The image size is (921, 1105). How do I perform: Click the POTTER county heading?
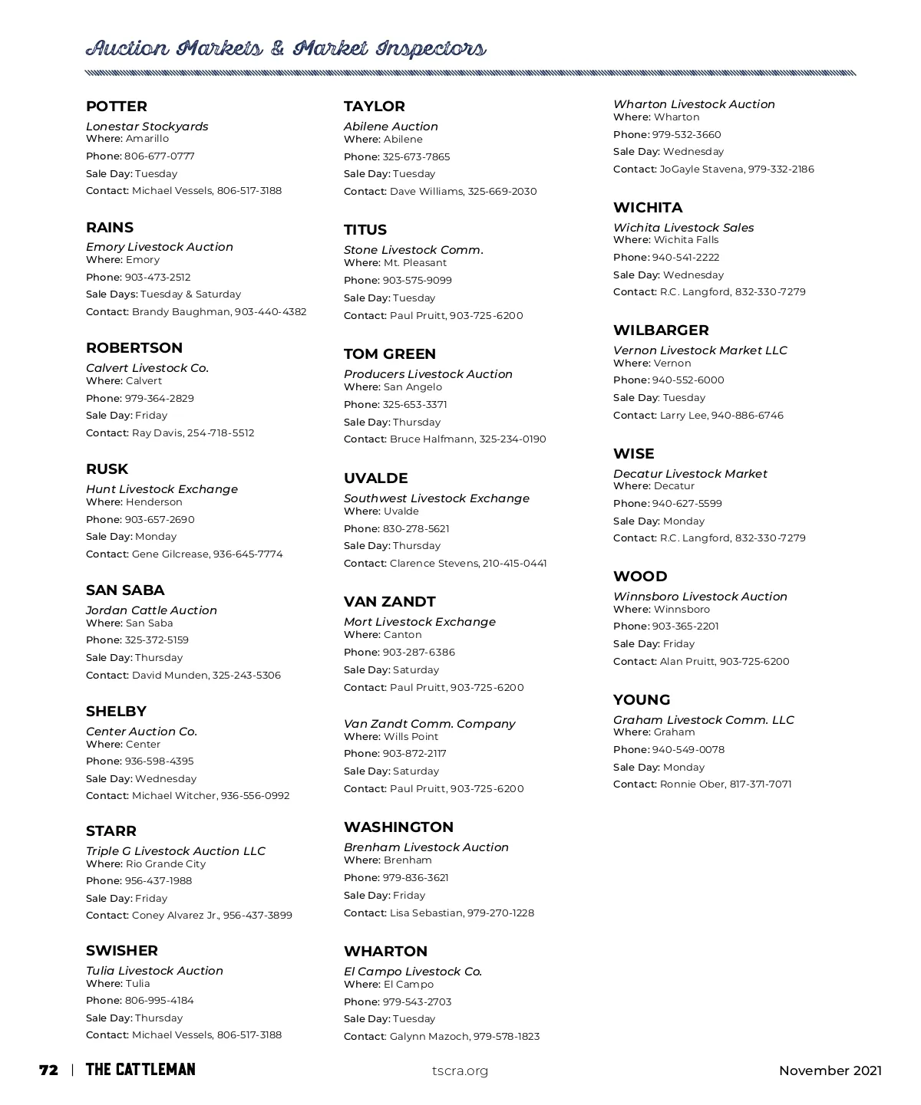coord(117,107)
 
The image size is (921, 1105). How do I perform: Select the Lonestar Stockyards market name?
coord(147,127)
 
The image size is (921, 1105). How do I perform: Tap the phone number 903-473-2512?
coord(157,278)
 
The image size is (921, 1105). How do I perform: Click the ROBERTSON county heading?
coord(134,348)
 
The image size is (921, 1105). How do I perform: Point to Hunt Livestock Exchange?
coord(162,489)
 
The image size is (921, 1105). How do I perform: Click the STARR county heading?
coord(111,831)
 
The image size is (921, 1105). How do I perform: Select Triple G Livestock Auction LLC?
coord(176,851)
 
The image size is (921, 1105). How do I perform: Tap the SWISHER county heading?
coord(122,951)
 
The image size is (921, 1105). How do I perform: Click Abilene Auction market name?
coord(391,127)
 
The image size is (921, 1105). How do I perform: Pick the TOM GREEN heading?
coord(390,354)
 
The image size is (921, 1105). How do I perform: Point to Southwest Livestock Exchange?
coord(437,498)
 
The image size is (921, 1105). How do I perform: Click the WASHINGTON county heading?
coord(398,827)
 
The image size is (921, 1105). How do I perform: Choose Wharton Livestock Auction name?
coord(694,104)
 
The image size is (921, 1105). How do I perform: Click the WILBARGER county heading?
coord(661,331)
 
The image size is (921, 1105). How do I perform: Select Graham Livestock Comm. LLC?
coord(704,720)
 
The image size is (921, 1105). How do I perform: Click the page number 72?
coord(48,1070)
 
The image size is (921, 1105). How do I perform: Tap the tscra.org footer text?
coord(460,1071)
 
